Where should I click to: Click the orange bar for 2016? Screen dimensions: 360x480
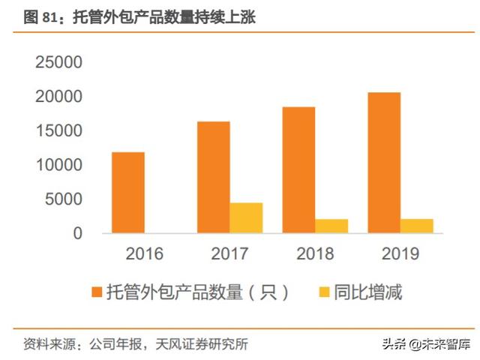click(128, 193)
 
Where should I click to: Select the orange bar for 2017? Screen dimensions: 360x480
click(214, 178)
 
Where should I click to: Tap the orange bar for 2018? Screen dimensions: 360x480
click(298, 170)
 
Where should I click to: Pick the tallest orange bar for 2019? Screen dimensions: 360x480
click(384, 163)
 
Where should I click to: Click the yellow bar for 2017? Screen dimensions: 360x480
click(246, 218)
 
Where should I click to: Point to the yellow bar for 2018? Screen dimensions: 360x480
click(331, 226)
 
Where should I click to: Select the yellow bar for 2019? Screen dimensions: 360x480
click(417, 226)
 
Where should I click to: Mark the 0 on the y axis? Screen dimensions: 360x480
click(79, 233)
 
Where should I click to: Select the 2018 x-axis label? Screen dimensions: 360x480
click(315, 255)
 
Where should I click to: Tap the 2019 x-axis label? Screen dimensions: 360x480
click(400, 255)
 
